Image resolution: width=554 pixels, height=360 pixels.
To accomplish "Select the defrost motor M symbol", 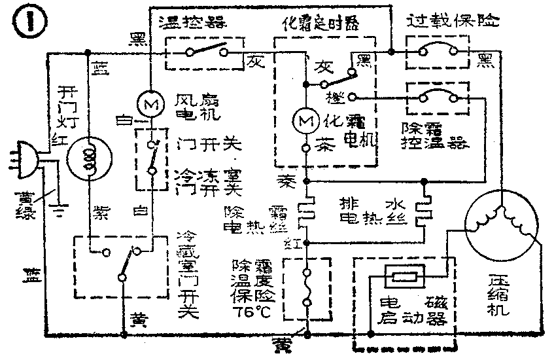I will (304, 121).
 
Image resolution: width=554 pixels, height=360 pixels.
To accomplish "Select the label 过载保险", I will (451, 21).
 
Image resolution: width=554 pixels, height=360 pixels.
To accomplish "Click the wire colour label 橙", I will (333, 96).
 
